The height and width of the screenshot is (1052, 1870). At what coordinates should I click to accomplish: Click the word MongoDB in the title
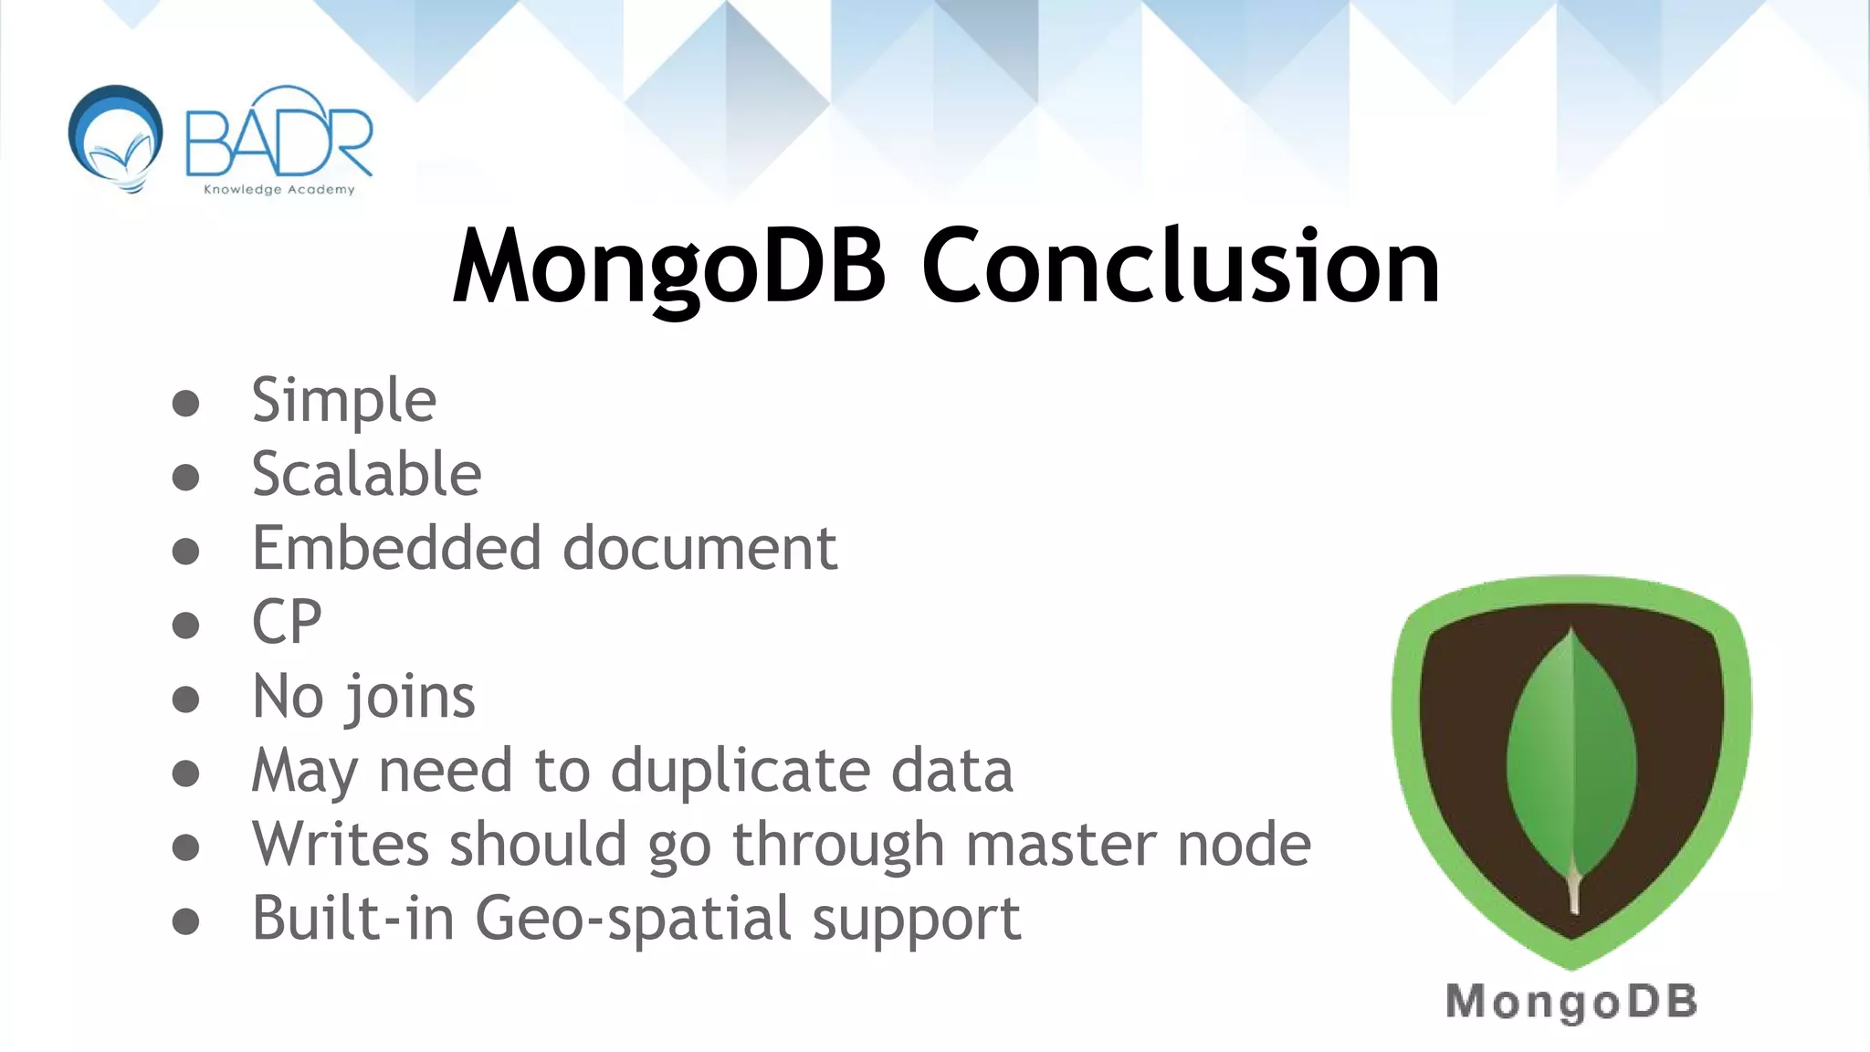coord(669,267)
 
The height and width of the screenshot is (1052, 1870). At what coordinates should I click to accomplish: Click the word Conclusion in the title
coord(1181,267)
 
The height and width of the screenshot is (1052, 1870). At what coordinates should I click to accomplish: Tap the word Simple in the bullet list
coord(344,401)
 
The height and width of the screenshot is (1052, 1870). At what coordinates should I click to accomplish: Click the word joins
coord(409,698)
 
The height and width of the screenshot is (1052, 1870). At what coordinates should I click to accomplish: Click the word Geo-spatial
coord(634,919)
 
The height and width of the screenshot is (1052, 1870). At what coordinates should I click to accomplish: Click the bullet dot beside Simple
coord(185,404)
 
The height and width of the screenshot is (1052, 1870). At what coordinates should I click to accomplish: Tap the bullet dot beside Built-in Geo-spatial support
coord(185,921)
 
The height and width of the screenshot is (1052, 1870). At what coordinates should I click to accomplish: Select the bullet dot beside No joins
coord(185,700)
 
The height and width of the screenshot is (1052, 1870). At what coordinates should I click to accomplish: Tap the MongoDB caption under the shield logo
coord(1571,1002)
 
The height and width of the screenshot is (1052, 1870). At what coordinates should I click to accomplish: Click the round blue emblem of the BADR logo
coord(116,136)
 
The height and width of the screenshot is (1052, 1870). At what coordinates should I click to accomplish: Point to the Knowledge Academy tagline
coord(278,190)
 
